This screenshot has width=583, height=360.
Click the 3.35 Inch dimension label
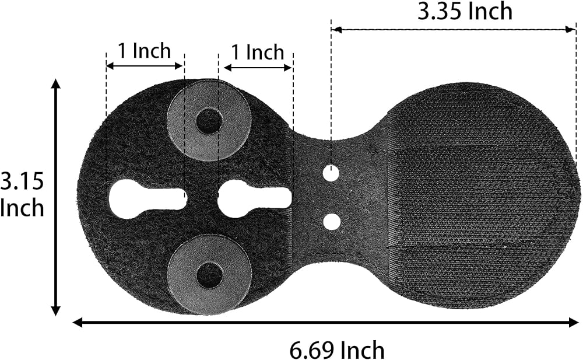point(465,11)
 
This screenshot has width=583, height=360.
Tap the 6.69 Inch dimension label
point(337,349)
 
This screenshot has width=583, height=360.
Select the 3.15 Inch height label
point(22,194)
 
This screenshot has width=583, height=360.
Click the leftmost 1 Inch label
point(144,51)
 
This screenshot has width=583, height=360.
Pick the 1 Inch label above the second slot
point(258,52)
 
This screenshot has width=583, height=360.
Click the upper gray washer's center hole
point(209,121)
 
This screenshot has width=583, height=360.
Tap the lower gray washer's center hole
point(209,276)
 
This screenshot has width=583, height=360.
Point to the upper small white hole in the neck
point(331,173)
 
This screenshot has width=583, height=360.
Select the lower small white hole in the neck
point(332,222)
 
